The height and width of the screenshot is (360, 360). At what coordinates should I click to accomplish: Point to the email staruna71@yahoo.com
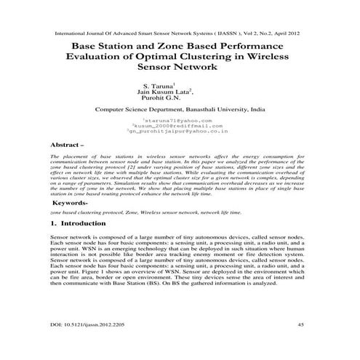click(x=182, y=120)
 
